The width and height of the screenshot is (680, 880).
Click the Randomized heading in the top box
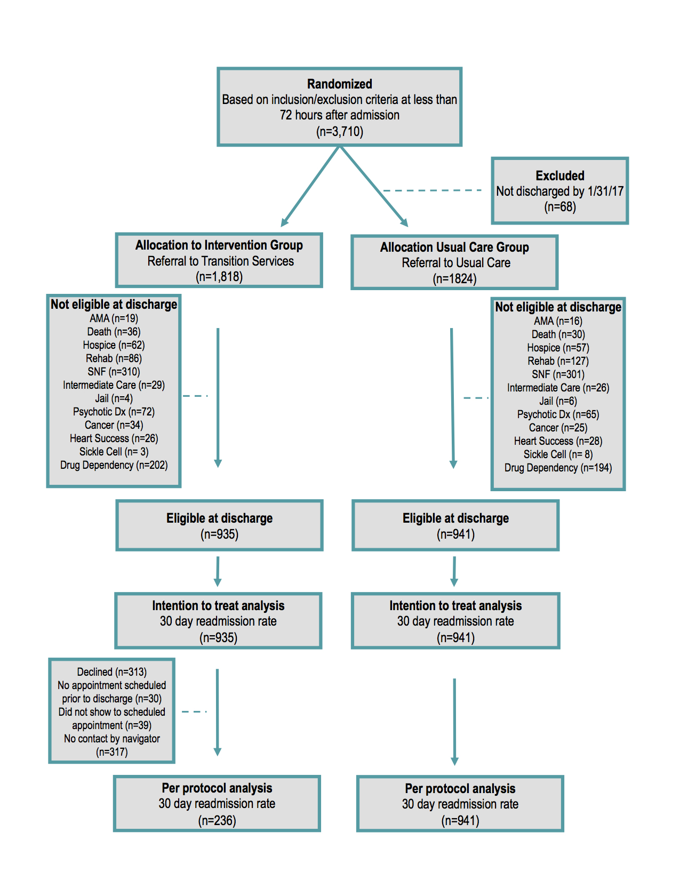tap(339, 84)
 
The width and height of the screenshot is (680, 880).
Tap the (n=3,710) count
tap(339, 132)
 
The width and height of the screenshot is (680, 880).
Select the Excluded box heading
tap(559, 175)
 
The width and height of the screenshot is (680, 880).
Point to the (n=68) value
tap(559, 207)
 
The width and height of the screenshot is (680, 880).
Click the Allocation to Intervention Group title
tap(219, 245)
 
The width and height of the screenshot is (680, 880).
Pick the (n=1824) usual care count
tap(454, 278)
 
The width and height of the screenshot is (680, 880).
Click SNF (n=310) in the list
tap(114, 371)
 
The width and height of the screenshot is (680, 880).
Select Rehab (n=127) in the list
tap(558, 361)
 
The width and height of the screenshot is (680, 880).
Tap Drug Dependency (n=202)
tap(114, 465)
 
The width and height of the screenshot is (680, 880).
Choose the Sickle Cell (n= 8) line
tap(558, 454)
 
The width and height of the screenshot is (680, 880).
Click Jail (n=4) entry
tap(114, 398)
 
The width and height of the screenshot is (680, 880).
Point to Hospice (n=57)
tap(558, 347)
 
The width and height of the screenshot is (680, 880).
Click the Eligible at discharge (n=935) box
tap(219, 525)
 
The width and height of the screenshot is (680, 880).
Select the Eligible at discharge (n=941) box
tap(455, 525)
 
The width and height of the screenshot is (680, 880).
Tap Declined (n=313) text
tap(112, 672)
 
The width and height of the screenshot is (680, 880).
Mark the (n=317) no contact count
tap(112, 752)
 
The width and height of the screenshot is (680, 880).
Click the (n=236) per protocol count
tap(217, 820)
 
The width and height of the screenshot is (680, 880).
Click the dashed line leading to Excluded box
tap(432, 190)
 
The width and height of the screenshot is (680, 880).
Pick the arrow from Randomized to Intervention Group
tap(310, 186)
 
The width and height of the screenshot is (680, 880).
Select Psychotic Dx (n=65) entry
tap(558, 414)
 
